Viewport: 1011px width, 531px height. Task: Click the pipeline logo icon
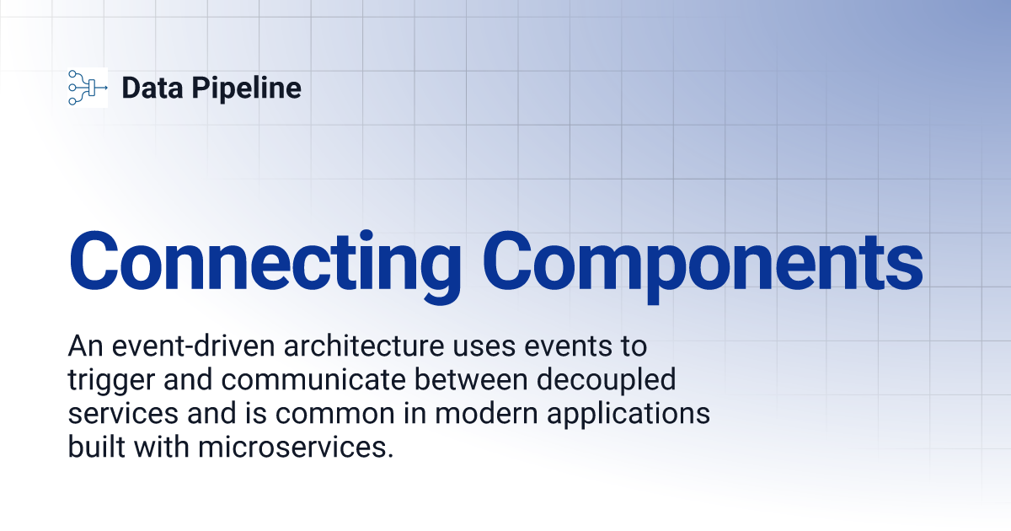click(88, 87)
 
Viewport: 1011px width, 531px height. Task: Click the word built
click(94, 447)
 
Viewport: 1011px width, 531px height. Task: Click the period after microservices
click(391, 455)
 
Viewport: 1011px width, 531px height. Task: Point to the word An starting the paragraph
click(82, 346)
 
